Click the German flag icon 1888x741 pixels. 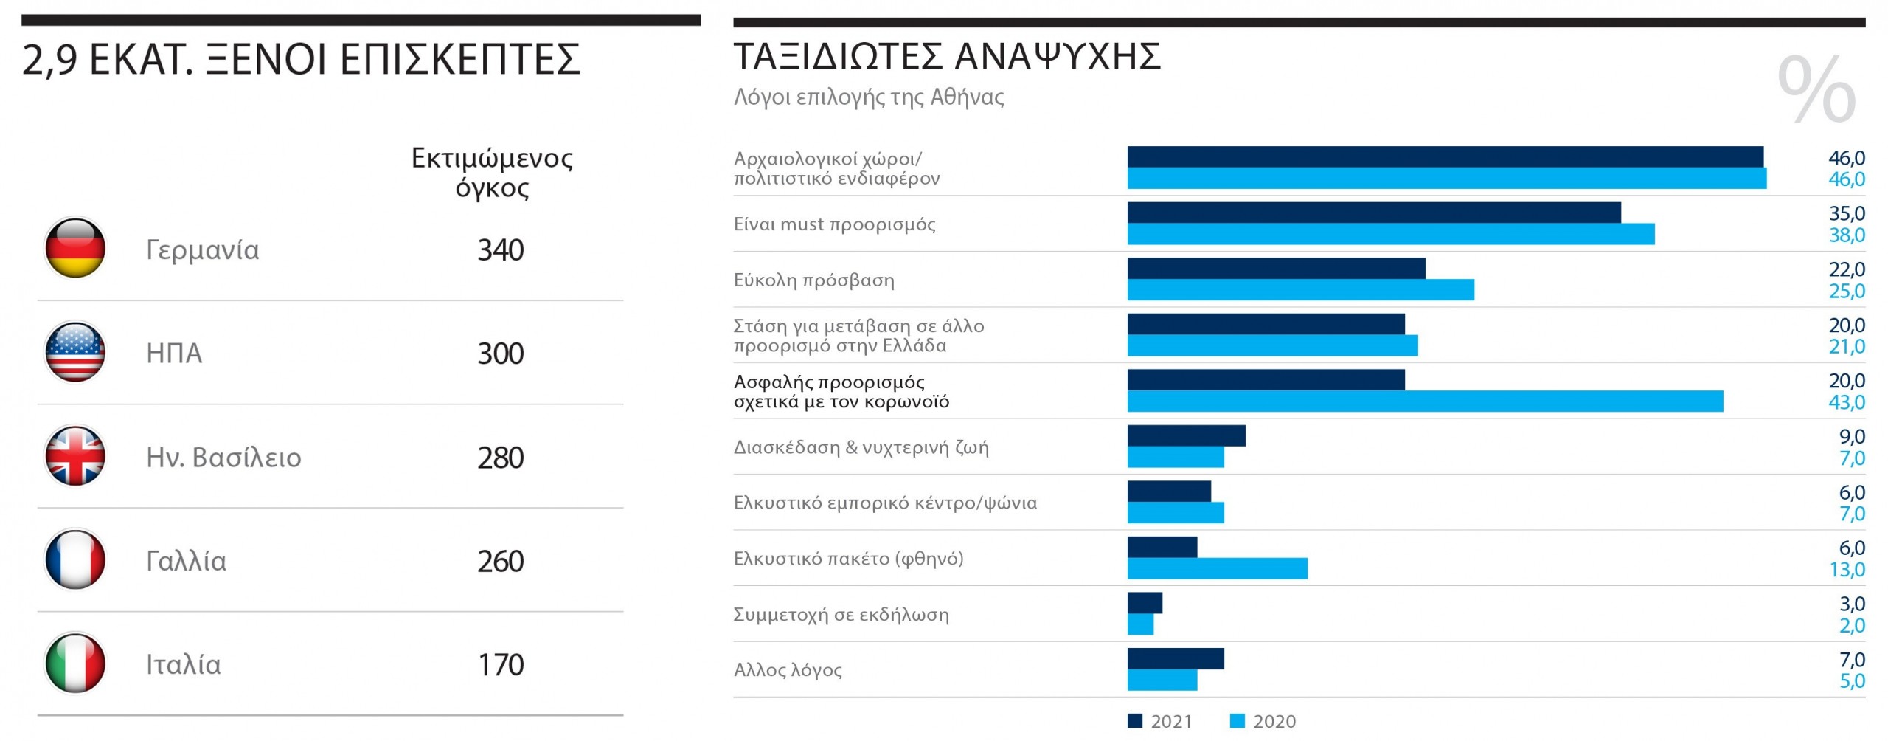pyautogui.click(x=75, y=249)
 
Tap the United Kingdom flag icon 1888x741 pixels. pyautogui.click(x=75, y=456)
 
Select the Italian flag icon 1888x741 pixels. pyautogui.click(x=75, y=664)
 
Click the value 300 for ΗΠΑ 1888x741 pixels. pyautogui.click(x=500, y=354)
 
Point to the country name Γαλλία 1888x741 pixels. pyautogui.click(x=186, y=561)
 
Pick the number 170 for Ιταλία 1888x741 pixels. pyautogui.click(x=500, y=665)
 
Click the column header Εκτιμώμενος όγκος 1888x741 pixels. pyautogui.click(x=492, y=172)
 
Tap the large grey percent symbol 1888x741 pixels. pyautogui.click(x=1816, y=89)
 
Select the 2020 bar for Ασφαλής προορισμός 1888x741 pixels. pyautogui.click(x=1424, y=401)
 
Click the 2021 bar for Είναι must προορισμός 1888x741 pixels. pyautogui.click(x=1373, y=213)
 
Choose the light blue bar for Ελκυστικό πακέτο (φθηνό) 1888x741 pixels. pyautogui.click(x=1217, y=568)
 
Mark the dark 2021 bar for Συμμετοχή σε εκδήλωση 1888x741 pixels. pyautogui.click(x=1145, y=603)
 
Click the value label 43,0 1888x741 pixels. pyautogui.click(x=1846, y=402)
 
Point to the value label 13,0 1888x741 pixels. pyautogui.click(x=1846, y=570)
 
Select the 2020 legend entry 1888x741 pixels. pyautogui.click(x=1263, y=721)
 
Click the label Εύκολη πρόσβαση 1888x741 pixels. pyautogui.click(x=813, y=280)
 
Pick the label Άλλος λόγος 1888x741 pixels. pyautogui.click(x=788, y=670)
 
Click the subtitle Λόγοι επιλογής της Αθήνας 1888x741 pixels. pyautogui.click(x=869, y=97)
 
